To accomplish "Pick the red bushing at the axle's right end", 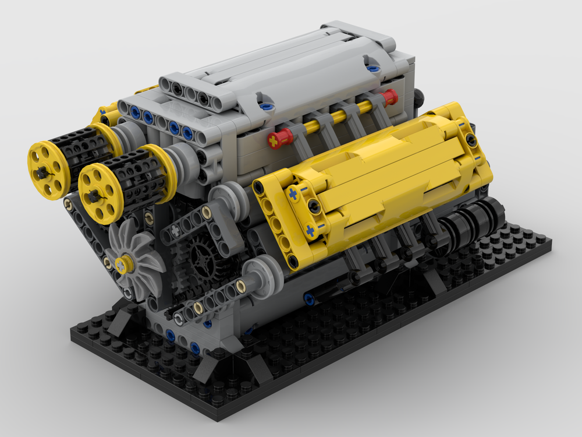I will coord(389,96).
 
